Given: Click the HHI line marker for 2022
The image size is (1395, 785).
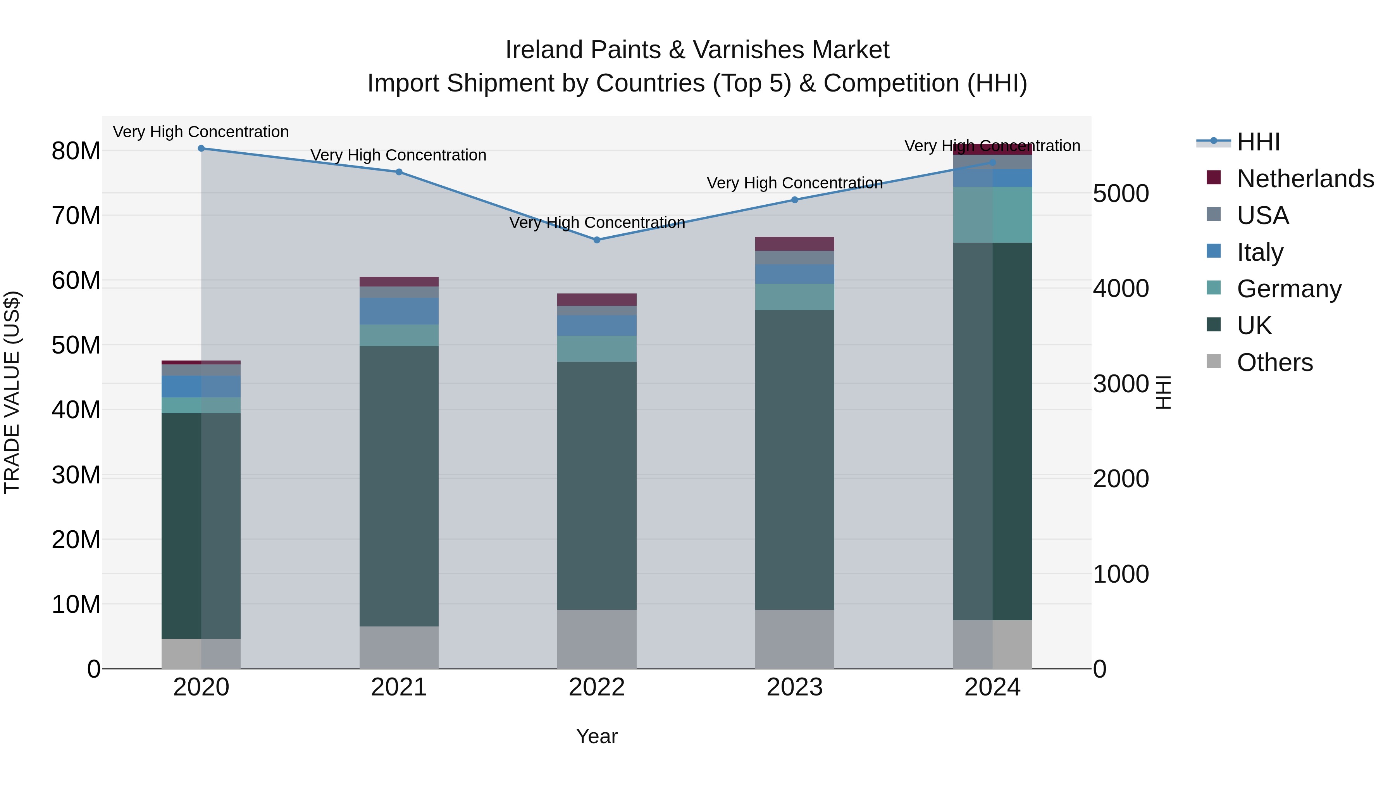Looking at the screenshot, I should pyautogui.click(x=597, y=240).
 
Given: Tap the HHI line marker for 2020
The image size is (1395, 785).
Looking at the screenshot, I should pyautogui.click(x=201, y=148).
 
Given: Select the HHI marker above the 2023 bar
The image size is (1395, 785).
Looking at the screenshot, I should pyautogui.click(x=794, y=200).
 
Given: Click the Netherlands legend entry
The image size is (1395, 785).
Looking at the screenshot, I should pyautogui.click(x=1305, y=179).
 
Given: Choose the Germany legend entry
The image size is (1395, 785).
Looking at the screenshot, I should pyautogui.click(x=1289, y=289).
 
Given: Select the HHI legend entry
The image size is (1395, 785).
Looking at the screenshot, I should pyautogui.click(x=1258, y=142).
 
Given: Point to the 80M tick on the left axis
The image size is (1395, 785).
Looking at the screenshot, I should pyautogui.click(x=76, y=151).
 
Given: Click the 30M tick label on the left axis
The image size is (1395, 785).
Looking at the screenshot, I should pyautogui.click(x=76, y=475).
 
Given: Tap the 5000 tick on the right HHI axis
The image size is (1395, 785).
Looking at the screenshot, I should pyautogui.click(x=1120, y=193).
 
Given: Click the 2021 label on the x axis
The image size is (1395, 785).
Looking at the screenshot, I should pyautogui.click(x=399, y=687).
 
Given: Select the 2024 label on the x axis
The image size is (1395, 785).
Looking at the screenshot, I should pyautogui.click(x=992, y=687).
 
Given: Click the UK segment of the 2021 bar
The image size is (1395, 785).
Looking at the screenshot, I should pyautogui.click(x=399, y=486).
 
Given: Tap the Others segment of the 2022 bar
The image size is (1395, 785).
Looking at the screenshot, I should pyautogui.click(x=597, y=639).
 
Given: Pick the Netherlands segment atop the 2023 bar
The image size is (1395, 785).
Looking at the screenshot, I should pyautogui.click(x=794, y=244).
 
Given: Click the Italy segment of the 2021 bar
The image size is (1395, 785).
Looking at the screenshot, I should pyautogui.click(x=399, y=311).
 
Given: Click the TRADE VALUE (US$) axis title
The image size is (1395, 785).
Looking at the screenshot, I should pyautogui.click(x=12, y=392).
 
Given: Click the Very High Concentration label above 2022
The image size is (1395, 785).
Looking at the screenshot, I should pyautogui.click(x=597, y=223).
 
